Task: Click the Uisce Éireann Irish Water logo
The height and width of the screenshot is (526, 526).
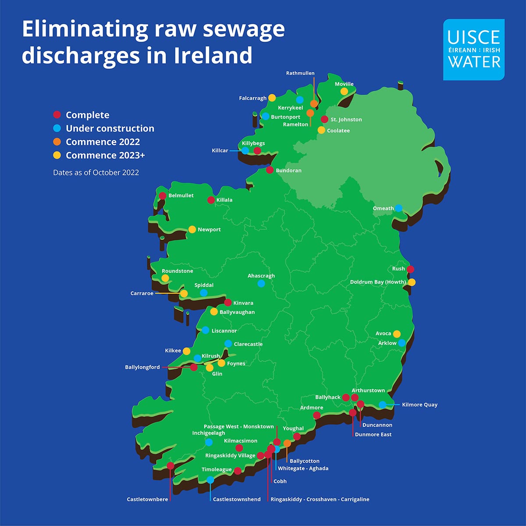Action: (x=473, y=50)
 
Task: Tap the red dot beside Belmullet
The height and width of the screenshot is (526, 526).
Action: (x=163, y=196)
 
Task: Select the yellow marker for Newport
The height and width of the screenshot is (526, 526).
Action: (x=192, y=229)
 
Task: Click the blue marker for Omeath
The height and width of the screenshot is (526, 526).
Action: (x=398, y=208)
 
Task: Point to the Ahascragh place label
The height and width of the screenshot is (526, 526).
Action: (x=261, y=276)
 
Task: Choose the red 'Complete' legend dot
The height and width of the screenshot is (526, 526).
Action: (x=57, y=115)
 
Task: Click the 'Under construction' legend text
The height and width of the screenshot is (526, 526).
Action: (x=110, y=128)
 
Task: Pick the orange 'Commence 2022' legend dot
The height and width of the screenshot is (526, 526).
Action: (x=57, y=142)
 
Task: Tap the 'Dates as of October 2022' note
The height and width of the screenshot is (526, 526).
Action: (x=96, y=173)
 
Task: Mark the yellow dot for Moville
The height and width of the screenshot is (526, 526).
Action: (x=344, y=92)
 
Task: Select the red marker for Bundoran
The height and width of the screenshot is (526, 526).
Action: (x=270, y=170)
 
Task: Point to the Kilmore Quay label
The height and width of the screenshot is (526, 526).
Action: (x=419, y=405)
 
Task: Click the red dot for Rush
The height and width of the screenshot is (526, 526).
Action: (x=410, y=269)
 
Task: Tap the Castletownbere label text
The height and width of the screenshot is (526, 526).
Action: (x=147, y=499)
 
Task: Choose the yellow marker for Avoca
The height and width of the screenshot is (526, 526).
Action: (x=397, y=334)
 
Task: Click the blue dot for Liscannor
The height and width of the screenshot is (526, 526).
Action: (x=205, y=330)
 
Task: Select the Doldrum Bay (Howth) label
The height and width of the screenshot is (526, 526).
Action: (x=377, y=282)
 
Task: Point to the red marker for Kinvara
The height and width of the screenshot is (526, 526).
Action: (x=228, y=302)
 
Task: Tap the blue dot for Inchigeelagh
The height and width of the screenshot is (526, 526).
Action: (x=209, y=442)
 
